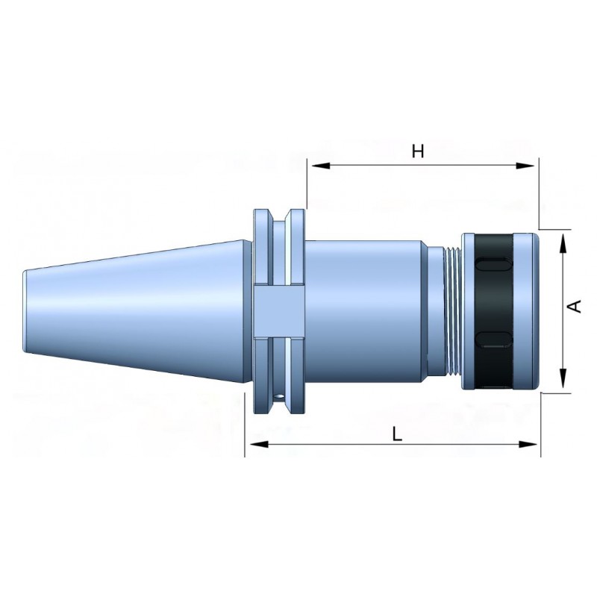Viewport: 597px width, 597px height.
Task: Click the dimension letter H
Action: tap(418, 151)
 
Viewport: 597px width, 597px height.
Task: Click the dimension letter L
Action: tap(397, 434)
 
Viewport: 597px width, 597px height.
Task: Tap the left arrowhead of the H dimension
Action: tap(321, 166)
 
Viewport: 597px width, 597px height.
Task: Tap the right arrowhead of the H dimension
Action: tap(525, 166)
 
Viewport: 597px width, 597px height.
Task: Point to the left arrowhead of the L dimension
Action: tap(259, 444)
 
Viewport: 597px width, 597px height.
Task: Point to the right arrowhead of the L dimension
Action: tap(528, 444)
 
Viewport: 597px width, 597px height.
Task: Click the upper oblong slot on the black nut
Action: tap(494, 265)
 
